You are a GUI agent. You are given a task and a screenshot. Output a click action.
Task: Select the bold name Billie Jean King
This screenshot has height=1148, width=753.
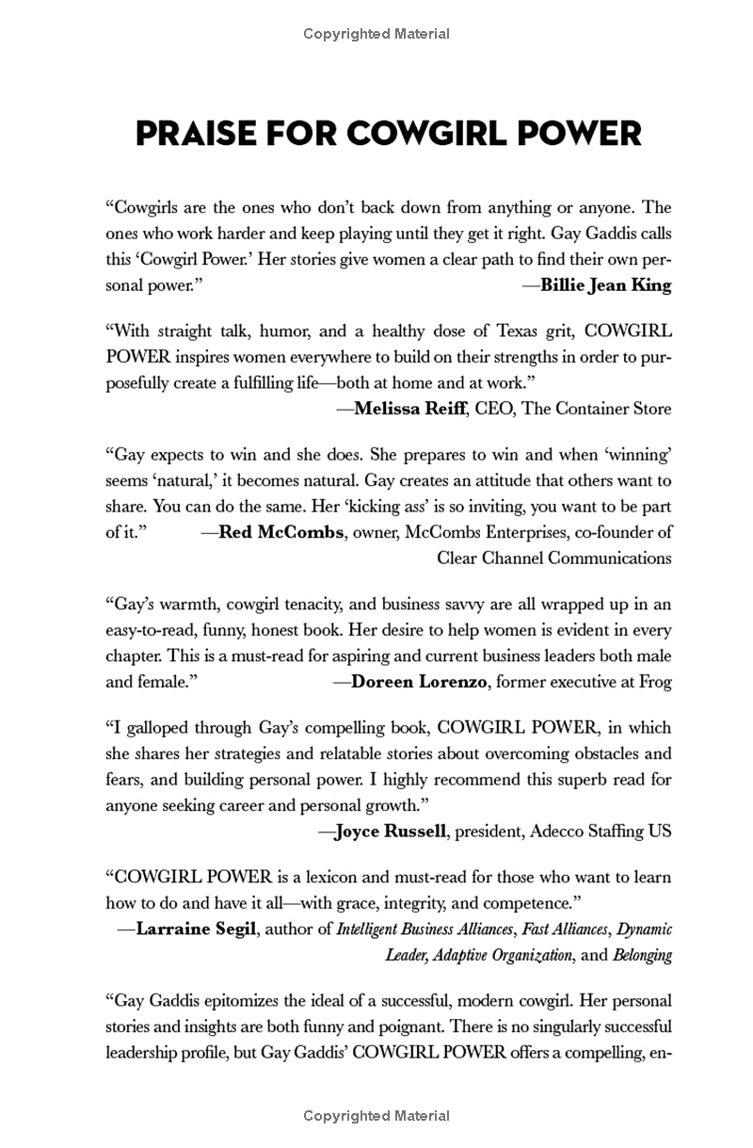coord(606,285)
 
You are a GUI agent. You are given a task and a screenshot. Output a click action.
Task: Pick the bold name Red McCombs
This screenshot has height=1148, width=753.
coord(280,531)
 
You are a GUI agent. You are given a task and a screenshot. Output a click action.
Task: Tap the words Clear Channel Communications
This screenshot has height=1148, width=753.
coord(553,557)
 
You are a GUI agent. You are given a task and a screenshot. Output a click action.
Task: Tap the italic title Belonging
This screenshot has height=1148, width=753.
coord(643,954)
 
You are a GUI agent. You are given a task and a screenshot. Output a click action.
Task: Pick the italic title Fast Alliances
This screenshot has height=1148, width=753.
coord(565,930)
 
